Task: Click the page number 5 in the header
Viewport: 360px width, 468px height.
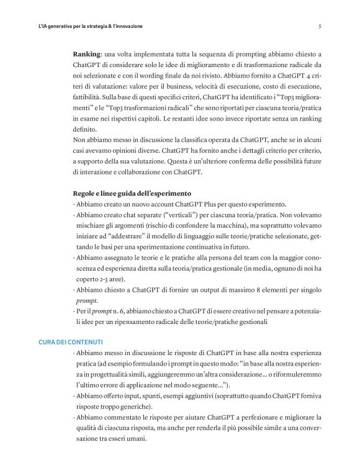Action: [x=319, y=27]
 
